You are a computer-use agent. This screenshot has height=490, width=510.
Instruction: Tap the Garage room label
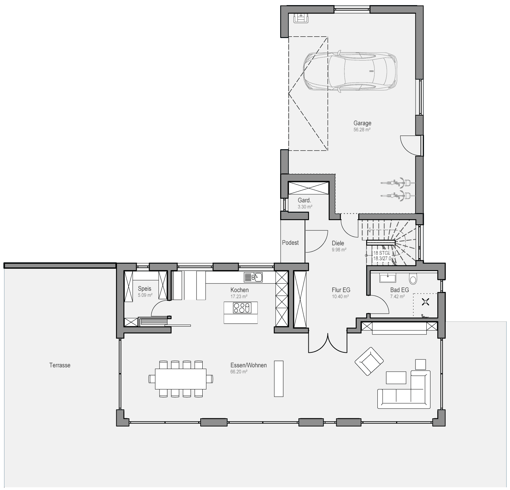click(362, 123)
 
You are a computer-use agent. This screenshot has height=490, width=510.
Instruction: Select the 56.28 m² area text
click(362, 130)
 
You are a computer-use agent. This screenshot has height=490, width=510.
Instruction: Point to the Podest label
click(290, 243)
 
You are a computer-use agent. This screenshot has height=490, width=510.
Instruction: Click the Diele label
click(338, 243)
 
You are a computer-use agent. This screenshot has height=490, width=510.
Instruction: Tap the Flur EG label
click(341, 290)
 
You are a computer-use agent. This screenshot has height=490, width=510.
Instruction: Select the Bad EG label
click(400, 290)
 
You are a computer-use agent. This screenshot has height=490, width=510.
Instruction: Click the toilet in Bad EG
click(413, 279)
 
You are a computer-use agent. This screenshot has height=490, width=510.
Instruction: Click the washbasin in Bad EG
click(388, 278)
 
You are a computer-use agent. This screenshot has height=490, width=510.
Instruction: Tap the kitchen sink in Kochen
click(253, 277)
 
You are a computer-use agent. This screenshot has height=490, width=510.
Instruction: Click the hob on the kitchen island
click(241, 308)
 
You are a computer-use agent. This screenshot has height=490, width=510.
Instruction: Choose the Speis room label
click(144, 289)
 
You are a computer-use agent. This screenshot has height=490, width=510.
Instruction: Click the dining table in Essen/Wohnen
click(181, 379)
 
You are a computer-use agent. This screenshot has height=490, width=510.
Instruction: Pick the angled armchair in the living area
click(369, 361)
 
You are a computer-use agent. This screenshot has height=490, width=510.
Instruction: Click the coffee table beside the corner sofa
click(396, 378)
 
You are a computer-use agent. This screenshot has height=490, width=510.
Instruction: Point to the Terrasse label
click(60, 365)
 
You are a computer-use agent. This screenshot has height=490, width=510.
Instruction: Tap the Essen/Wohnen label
click(249, 365)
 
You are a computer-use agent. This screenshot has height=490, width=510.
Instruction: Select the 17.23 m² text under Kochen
click(239, 297)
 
